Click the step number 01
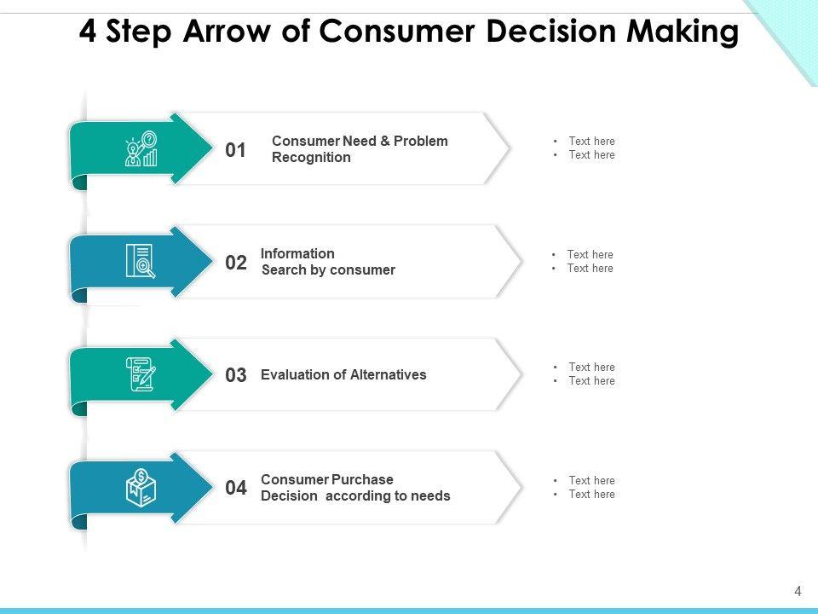click(235, 151)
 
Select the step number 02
click(236, 264)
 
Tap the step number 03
click(236, 375)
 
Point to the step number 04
click(236, 489)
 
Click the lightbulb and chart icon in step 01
click(141, 149)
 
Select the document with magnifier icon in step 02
click(141, 262)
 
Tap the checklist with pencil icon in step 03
click(141, 374)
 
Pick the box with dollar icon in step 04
click(141, 488)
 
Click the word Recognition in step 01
click(311, 158)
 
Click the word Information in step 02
click(297, 253)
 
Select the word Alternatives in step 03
click(383, 374)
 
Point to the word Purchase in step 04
click(363, 479)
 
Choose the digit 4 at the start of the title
click(87, 32)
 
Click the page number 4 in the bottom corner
click(798, 591)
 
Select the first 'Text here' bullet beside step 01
click(591, 142)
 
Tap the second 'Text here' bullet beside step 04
click(591, 495)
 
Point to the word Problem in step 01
click(421, 141)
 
